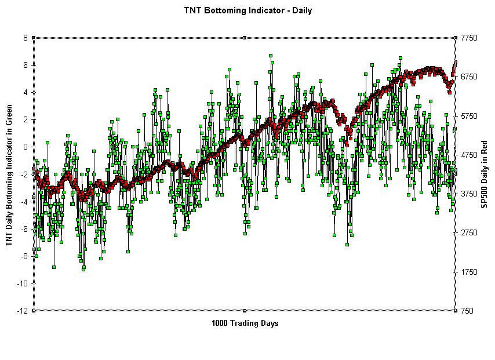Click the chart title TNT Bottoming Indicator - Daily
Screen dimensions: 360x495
click(247, 10)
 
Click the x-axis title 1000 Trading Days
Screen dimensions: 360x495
click(245, 323)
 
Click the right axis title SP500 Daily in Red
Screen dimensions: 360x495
click(485, 174)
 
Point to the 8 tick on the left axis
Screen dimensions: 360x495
click(26, 38)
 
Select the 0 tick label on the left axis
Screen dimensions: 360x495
click(26, 147)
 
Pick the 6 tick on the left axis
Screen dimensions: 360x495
click(26, 65)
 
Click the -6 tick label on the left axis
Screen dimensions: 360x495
click(24, 229)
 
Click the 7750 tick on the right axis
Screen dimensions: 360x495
click(469, 38)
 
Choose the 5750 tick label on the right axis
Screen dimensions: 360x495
click(469, 116)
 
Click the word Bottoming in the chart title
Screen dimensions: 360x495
click(238, 10)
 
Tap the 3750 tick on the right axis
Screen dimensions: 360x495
click(469, 194)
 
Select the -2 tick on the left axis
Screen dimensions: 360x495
click(24, 174)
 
